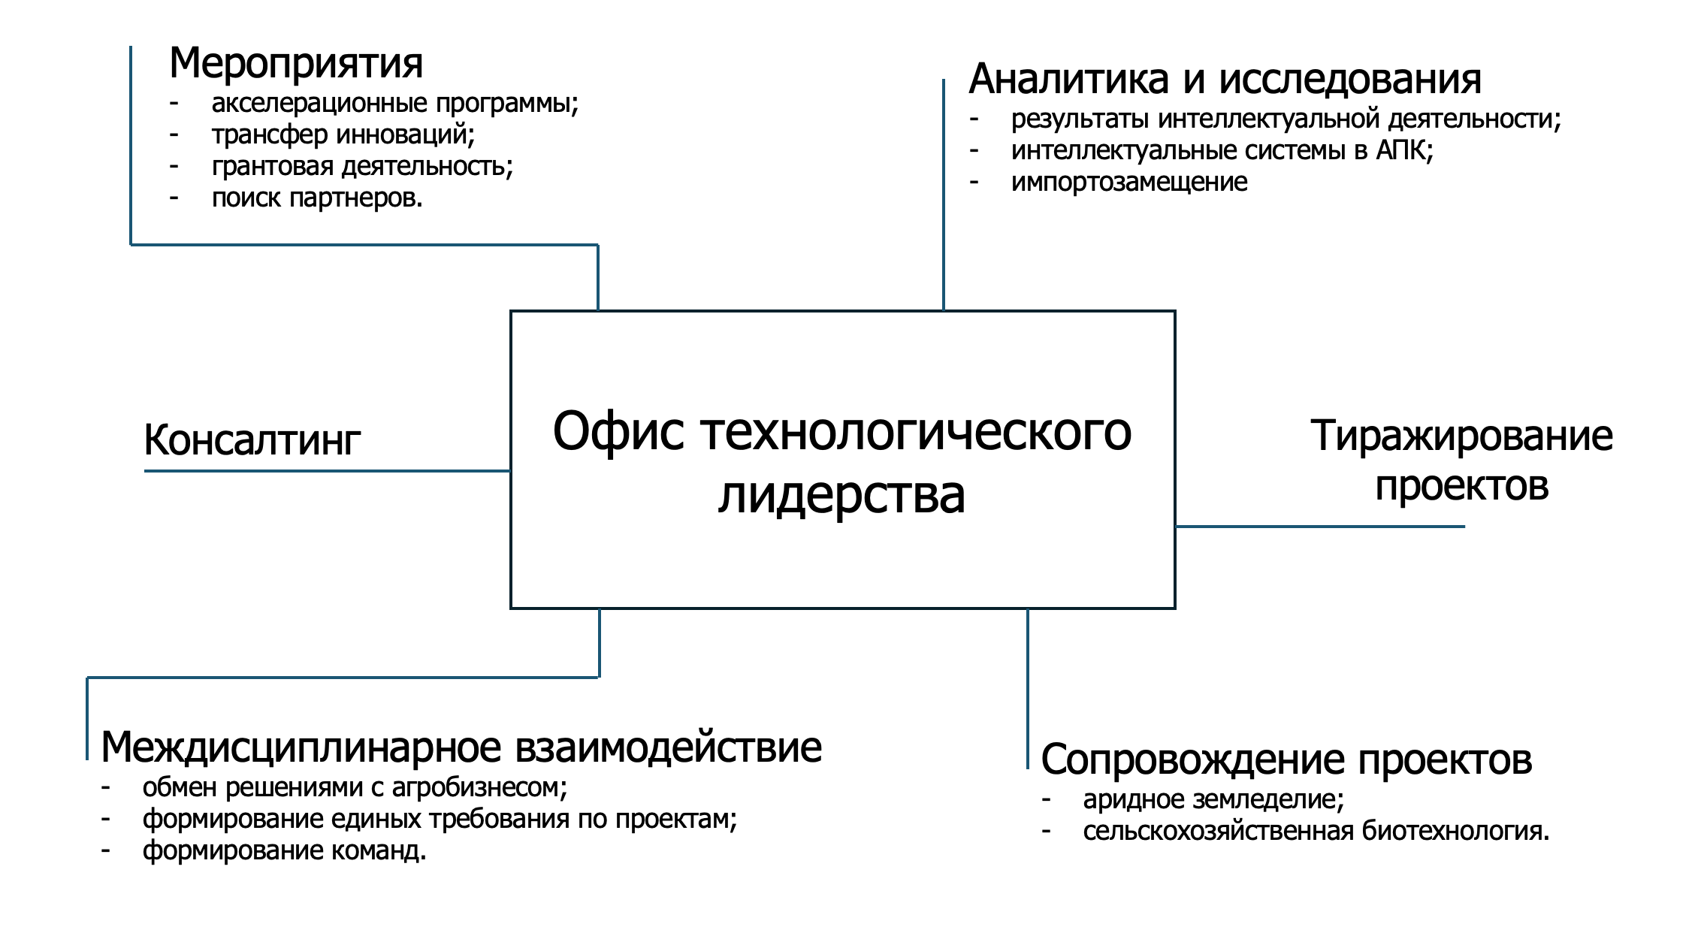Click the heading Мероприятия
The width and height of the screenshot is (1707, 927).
[296, 64]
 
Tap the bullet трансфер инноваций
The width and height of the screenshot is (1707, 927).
[343, 135]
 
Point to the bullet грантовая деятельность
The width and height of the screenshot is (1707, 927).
[362, 167]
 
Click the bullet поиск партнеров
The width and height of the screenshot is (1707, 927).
[317, 198]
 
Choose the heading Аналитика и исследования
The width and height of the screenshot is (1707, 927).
[1225, 79]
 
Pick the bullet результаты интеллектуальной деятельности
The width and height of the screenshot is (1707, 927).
[1286, 119]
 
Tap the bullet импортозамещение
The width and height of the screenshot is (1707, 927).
[1129, 183]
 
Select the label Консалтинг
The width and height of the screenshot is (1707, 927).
[252, 440]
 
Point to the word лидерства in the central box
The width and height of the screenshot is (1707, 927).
[841, 496]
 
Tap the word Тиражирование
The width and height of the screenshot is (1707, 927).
[1461, 436]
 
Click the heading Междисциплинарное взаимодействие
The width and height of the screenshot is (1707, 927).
[461, 747]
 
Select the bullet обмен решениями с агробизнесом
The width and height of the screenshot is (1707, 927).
[355, 788]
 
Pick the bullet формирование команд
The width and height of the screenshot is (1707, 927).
[285, 851]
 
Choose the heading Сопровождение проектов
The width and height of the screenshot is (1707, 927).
[1286, 759]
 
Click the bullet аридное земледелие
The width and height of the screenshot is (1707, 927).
[1213, 800]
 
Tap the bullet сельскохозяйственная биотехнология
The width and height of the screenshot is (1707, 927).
[1316, 832]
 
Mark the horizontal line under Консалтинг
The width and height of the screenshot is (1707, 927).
[328, 471]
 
